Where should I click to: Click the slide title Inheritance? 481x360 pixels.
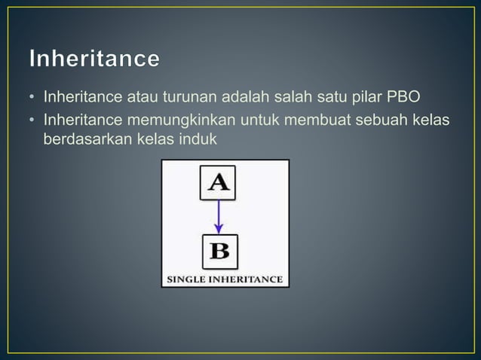click(x=95, y=58)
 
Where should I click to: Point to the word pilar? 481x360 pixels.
click(x=369, y=98)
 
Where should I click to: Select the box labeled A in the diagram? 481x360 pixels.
click(x=217, y=182)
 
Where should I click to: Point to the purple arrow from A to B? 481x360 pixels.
click(x=219, y=216)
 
